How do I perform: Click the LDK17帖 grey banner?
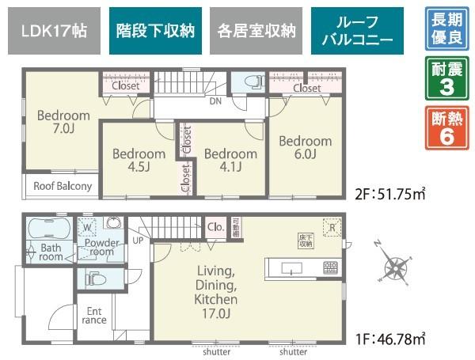[x=55, y=32]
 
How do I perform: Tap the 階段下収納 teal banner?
[x=155, y=32]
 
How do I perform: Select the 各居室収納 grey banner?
[x=256, y=32]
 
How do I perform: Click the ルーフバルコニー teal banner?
[x=357, y=32]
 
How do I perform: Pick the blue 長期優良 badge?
[x=446, y=28]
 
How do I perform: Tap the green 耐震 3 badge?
[x=446, y=78]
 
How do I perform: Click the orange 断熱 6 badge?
[x=446, y=127]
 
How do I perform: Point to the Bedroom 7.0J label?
[x=63, y=122]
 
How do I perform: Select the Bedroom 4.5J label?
[x=138, y=161]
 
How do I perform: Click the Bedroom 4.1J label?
[x=230, y=161]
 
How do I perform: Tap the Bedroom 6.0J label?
[x=305, y=148]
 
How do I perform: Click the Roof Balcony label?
[x=62, y=188]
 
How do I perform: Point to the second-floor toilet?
[x=253, y=81]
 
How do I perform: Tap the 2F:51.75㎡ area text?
[x=392, y=192]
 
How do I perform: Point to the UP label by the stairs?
[x=139, y=241]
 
